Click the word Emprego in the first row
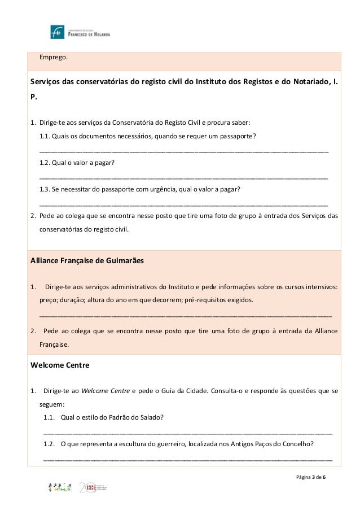pos(52,58)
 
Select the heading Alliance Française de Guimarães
pos(87,260)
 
